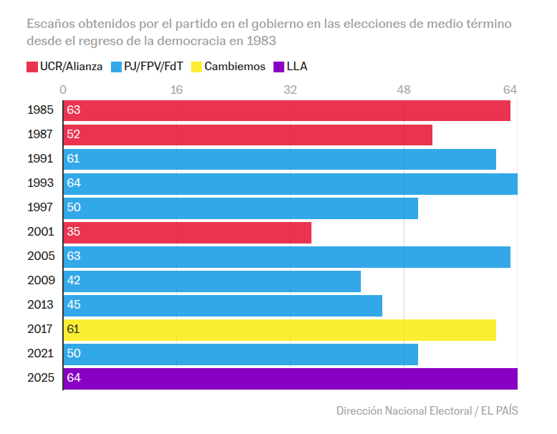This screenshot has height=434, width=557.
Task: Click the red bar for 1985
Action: coord(286,111)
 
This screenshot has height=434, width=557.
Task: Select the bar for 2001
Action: coord(188,233)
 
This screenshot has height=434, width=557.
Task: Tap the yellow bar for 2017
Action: coord(279,330)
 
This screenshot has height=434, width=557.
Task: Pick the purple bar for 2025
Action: coord(290,379)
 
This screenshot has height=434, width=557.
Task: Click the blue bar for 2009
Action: coord(212,281)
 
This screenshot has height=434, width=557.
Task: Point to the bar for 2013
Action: coord(223,306)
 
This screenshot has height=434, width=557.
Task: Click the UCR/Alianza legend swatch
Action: coord(32,67)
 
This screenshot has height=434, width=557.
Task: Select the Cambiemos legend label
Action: coord(235,67)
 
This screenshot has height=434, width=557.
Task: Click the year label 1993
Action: coord(40,183)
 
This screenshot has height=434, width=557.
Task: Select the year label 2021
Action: coord(40,355)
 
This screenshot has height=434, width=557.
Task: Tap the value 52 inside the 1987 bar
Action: coord(73,135)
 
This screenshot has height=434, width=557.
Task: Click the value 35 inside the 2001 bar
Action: coord(73,232)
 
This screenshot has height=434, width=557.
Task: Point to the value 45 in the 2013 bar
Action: coord(73,305)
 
